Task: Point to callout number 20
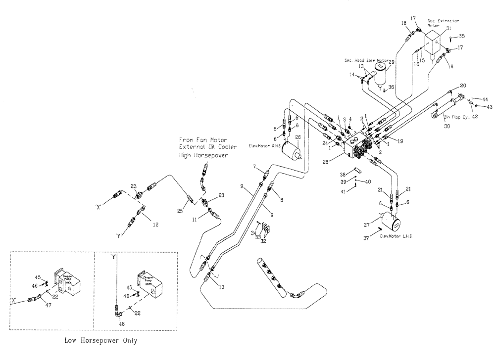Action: point(463,85)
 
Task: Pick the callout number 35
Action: point(461,36)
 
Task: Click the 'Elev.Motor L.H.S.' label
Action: point(396,236)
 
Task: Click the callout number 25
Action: point(180,211)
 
